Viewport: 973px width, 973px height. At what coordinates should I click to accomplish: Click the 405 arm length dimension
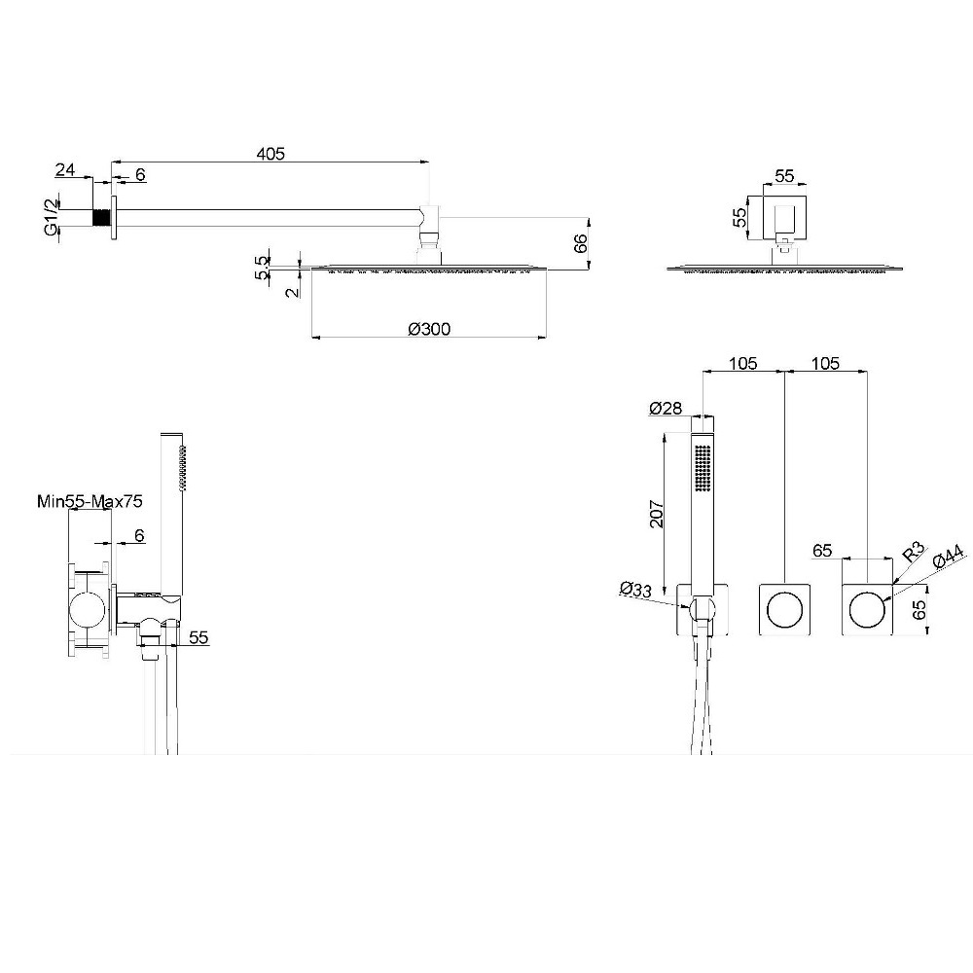click(x=270, y=154)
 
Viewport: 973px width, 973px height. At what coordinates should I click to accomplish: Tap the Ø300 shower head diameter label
click(x=429, y=328)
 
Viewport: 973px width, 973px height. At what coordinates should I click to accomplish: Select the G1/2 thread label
click(x=53, y=215)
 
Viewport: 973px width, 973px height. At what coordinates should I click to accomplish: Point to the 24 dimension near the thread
click(x=64, y=169)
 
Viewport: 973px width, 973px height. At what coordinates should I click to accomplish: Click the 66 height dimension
click(x=580, y=243)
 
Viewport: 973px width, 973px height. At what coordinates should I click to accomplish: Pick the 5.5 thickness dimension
click(x=263, y=269)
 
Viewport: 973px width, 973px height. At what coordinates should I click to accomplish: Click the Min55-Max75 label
click(x=90, y=501)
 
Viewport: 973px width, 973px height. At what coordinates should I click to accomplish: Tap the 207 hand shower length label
click(x=657, y=514)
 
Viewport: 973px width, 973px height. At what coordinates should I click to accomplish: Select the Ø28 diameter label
click(x=666, y=409)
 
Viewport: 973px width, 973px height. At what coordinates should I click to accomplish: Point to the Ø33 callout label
click(x=635, y=589)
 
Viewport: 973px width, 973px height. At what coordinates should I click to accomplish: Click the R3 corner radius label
click(x=913, y=553)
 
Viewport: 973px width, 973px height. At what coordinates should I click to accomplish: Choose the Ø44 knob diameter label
click(x=948, y=556)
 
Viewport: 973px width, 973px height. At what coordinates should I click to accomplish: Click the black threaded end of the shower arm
click(x=101, y=217)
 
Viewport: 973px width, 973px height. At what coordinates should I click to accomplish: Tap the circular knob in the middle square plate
click(x=785, y=609)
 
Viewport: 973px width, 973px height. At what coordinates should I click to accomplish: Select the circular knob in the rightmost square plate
click(x=867, y=609)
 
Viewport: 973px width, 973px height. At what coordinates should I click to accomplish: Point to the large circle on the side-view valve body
click(x=90, y=609)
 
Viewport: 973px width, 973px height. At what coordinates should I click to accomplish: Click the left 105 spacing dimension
click(x=742, y=363)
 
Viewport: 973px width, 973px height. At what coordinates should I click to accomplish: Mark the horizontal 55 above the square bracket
click(x=784, y=175)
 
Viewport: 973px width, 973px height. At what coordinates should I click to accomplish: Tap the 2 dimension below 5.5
click(x=292, y=292)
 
